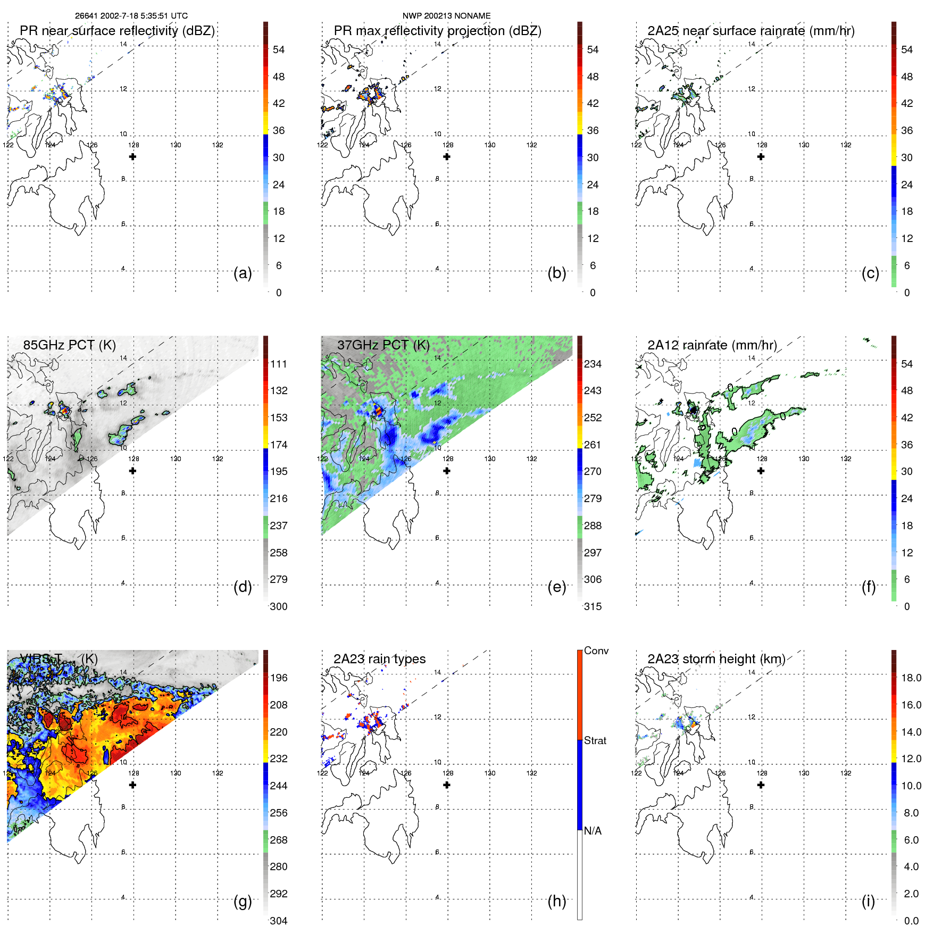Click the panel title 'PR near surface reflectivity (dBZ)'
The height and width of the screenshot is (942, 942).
pyautogui.click(x=117, y=31)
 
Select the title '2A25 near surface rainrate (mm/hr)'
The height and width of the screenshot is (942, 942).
pyautogui.click(x=751, y=31)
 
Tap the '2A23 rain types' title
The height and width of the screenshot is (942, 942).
pyautogui.click(x=379, y=659)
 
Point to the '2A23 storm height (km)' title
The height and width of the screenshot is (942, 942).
pyautogui.click(x=716, y=659)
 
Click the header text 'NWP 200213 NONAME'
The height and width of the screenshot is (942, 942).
pyautogui.click(x=446, y=16)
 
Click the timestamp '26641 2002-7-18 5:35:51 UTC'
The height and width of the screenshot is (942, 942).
pyautogui.click(x=131, y=16)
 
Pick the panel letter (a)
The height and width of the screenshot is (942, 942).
pyautogui.click(x=243, y=273)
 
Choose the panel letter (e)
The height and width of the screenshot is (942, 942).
pyautogui.click(x=556, y=587)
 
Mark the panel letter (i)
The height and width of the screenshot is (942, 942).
pyautogui.click(x=868, y=901)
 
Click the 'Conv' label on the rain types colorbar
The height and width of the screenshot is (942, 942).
pyautogui.click(x=596, y=651)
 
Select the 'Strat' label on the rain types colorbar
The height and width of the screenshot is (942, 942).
pyautogui.click(x=595, y=741)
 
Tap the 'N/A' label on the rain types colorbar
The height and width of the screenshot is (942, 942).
pyautogui.click(x=593, y=831)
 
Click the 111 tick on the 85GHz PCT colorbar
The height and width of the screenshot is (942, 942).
pyautogui.click(x=279, y=364)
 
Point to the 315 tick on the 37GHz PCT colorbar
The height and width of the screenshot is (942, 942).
pyautogui.click(x=593, y=607)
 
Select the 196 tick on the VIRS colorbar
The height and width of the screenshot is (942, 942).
pyautogui.click(x=279, y=678)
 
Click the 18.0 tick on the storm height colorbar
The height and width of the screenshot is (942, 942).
pyautogui.click(x=911, y=678)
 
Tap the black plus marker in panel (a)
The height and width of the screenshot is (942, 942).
pyautogui.click(x=133, y=157)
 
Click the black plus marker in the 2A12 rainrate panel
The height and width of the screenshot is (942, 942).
pyautogui.click(x=761, y=471)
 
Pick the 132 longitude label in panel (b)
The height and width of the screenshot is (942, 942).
pyautogui.click(x=531, y=145)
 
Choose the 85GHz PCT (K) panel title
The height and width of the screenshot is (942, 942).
pyautogui.click(x=69, y=345)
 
